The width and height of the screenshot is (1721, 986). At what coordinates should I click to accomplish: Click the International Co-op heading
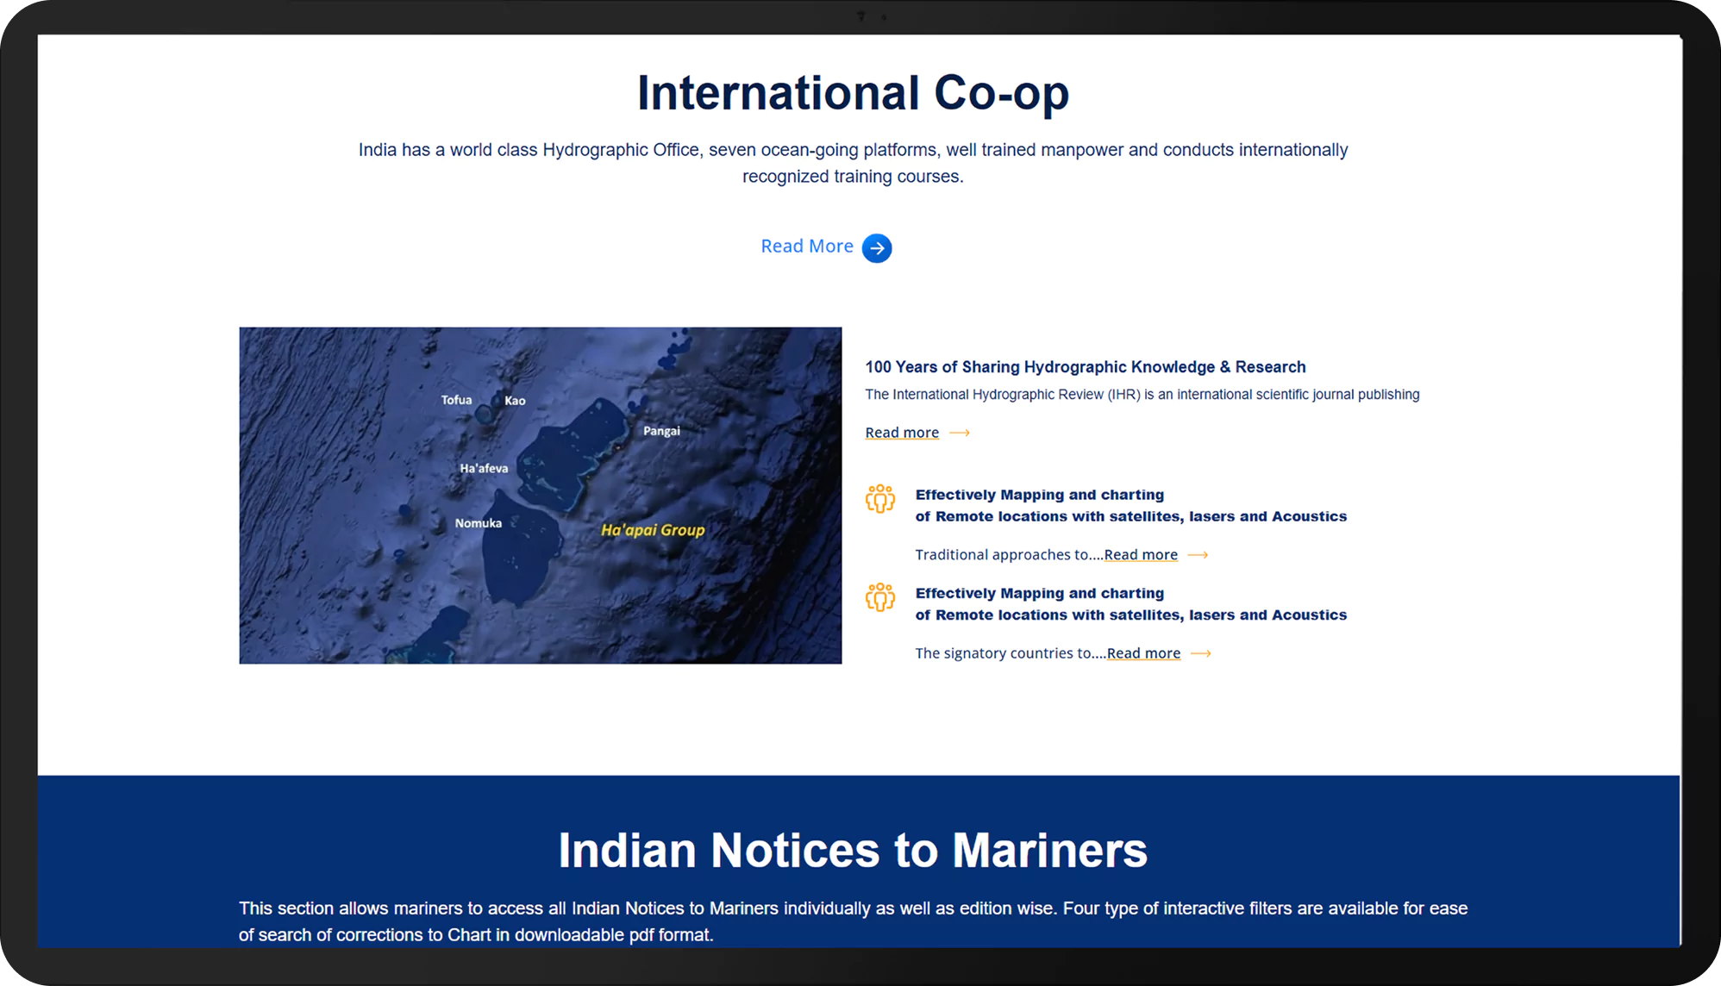click(x=853, y=94)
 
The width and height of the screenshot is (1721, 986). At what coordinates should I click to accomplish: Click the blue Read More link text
click(x=807, y=246)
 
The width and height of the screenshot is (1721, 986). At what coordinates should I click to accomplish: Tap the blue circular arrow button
click(x=877, y=248)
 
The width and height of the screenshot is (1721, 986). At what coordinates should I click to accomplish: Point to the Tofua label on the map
click(x=456, y=400)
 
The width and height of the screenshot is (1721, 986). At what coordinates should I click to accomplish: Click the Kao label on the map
click(x=515, y=401)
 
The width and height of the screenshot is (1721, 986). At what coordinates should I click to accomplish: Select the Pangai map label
click(x=661, y=431)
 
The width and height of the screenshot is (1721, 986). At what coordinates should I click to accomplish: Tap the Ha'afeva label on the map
click(x=484, y=468)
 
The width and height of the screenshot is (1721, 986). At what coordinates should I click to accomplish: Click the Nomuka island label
click(x=479, y=523)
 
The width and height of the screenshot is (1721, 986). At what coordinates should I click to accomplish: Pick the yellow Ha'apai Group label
click(x=653, y=530)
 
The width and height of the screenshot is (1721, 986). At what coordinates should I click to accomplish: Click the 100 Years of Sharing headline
click(x=1086, y=367)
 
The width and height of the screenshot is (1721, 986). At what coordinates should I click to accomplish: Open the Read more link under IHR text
click(x=902, y=433)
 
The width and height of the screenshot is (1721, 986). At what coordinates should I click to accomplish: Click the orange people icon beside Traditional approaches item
click(x=880, y=499)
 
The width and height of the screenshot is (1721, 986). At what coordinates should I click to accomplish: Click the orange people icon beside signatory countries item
click(x=880, y=597)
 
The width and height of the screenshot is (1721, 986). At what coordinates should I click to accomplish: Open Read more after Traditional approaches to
click(x=1141, y=555)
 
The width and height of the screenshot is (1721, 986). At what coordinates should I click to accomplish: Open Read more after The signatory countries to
click(x=1143, y=653)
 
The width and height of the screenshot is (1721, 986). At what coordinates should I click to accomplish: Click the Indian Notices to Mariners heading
click(x=853, y=851)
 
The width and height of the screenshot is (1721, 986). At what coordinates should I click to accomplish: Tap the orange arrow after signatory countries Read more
click(x=1201, y=654)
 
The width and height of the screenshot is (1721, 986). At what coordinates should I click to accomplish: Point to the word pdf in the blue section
click(x=641, y=935)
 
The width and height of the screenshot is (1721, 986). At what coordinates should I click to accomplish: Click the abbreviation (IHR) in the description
click(x=1123, y=395)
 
